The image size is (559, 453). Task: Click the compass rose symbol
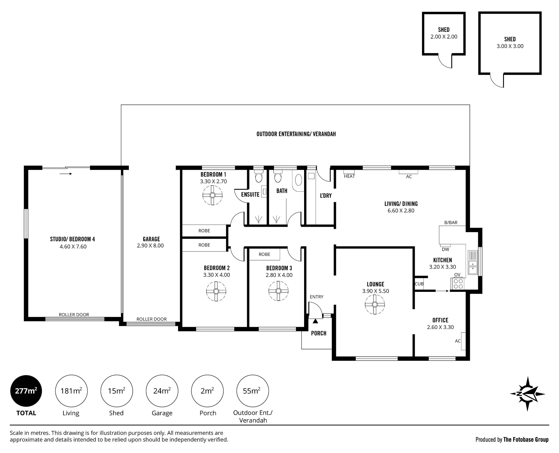click(527, 394)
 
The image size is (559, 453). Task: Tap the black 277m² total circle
click(26, 391)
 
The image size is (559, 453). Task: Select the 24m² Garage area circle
click(162, 391)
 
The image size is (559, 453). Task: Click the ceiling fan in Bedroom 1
click(212, 195)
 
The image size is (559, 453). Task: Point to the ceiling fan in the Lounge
click(375, 304)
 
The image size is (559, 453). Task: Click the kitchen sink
click(473, 263)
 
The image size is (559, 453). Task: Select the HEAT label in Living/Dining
click(349, 176)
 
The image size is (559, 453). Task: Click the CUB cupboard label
click(419, 284)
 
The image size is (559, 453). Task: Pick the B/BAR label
click(451, 223)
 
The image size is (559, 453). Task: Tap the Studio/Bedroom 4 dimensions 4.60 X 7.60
click(73, 247)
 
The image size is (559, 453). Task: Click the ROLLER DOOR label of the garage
click(151, 319)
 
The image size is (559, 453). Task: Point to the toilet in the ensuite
click(259, 176)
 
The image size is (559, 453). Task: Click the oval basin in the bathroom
click(299, 180)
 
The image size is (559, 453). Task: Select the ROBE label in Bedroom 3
click(264, 254)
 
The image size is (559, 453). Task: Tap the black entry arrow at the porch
click(315, 321)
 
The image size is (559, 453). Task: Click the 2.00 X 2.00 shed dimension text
click(444, 37)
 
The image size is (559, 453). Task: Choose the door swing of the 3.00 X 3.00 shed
click(497, 80)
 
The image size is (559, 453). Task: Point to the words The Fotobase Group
click(526, 440)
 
